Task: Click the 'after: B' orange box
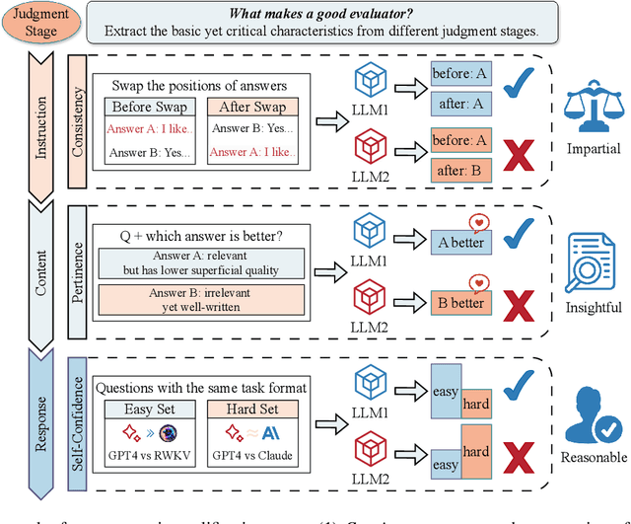click(x=459, y=169)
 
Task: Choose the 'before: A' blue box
click(x=459, y=72)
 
